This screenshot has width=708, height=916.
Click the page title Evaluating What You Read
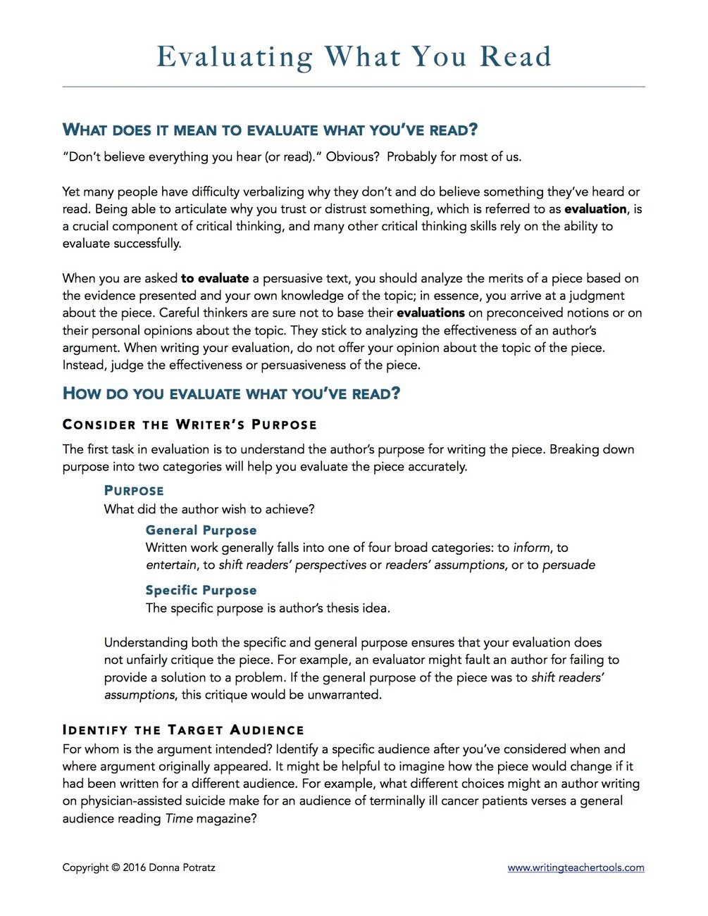[354, 57]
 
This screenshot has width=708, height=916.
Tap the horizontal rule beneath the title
[354, 87]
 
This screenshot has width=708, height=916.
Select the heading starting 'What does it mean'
[270, 130]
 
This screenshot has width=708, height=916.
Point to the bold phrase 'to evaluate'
[215, 278]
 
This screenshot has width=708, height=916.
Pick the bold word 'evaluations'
[430, 313]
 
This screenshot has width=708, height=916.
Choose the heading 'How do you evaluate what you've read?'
[231, 394]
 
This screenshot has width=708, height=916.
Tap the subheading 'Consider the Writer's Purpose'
[190, 425]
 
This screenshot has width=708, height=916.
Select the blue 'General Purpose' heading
[201, 530]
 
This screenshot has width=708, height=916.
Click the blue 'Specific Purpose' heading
[201, 590]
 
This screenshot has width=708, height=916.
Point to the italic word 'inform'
[532, 548]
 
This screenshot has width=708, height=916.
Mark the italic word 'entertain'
[171, 565]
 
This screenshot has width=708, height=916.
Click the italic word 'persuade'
[569, 565]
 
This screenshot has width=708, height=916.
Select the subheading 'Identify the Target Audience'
[183, 730]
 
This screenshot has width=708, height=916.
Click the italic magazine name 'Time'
[179, 819]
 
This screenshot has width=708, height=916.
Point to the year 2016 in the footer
[134, 867]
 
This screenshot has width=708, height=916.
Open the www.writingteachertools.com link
[576, 867]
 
